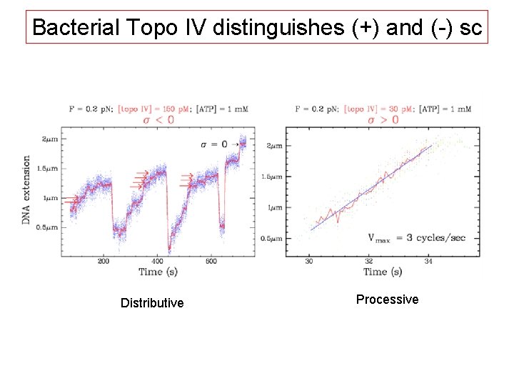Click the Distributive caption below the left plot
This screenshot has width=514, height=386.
click(x=152, y=303)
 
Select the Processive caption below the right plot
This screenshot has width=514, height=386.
click(x=387, y=300)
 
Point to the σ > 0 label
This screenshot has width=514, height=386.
click(x=383, y=119)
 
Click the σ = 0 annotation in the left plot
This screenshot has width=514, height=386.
click(x=214, y=144)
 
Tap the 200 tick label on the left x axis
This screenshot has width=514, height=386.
click(x=103, y=262)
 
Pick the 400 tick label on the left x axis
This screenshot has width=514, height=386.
click(x=157, y=262)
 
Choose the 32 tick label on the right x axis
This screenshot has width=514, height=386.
click(x=369, y=262)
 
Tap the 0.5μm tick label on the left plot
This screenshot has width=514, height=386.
click(x=46, y=227)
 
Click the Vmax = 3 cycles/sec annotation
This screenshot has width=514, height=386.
click(x=415, y=237)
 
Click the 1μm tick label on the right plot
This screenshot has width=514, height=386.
click(x=274, y=207)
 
